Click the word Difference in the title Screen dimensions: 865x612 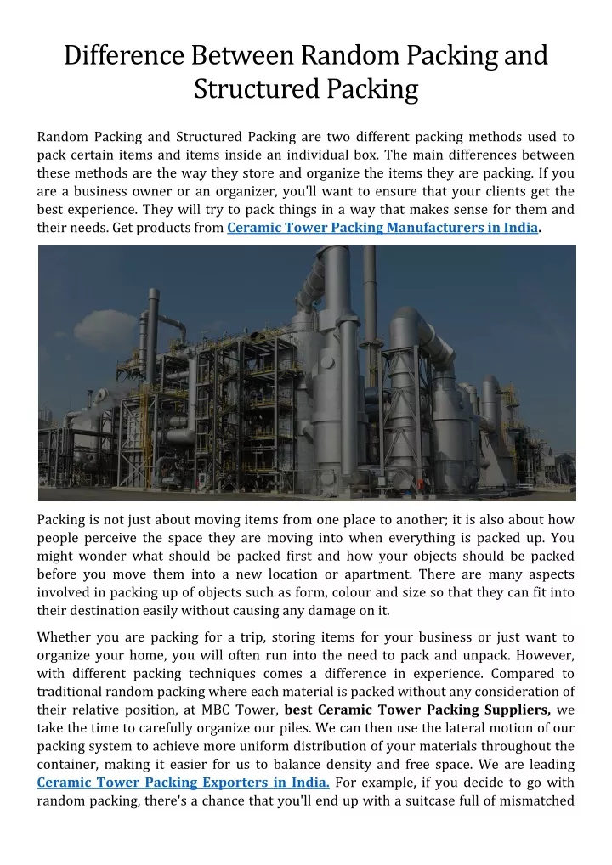pos(124,55)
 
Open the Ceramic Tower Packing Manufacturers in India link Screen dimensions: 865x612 pos(382,228)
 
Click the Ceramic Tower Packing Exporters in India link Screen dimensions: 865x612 pos(184,783)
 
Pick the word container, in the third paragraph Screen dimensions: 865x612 pos(70,764)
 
